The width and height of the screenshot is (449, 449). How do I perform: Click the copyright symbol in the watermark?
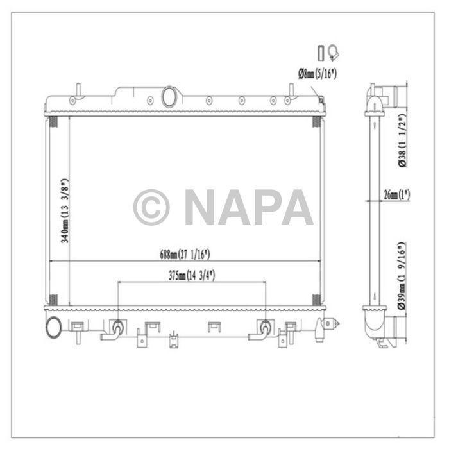tap(151, 207)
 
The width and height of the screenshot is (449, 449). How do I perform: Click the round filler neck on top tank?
tap(171, 97)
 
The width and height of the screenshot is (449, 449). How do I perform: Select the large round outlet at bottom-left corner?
tap(53, 327)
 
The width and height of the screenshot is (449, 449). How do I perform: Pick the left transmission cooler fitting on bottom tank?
tap(117, 327)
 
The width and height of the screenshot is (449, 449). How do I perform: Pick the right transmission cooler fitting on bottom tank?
tap(264, 327)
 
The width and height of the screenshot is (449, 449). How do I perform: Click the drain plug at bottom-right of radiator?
tap(331, 325)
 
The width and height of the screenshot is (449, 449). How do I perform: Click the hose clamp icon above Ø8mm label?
tap(333, 53)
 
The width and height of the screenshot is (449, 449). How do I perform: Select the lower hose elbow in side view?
tap(375, 324)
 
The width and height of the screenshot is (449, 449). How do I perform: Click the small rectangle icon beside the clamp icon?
tap(321, 53)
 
